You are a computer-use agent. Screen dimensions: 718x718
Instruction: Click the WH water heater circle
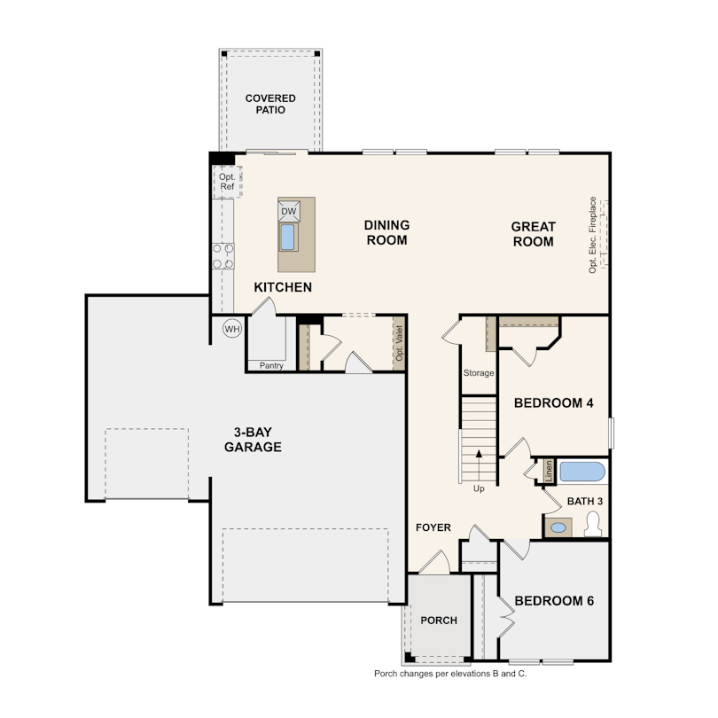tap(232, 329)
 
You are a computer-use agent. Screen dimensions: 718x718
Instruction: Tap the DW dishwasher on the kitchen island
tap(289, 211)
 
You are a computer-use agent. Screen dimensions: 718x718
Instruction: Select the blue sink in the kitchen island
tap(287, 237)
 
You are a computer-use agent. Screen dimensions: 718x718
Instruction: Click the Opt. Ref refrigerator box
tap(227, 182)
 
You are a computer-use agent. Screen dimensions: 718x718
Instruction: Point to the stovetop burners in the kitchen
tap(223, 256)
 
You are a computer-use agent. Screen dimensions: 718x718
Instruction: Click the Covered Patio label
tap(270, 104)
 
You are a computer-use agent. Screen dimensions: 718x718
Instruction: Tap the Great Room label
tap(533, 234)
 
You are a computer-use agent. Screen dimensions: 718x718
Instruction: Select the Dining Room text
tap(387, 232)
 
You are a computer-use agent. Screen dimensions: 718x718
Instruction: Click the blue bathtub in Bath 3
tap(582, 472)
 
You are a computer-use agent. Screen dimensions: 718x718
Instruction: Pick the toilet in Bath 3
tap(593, 524)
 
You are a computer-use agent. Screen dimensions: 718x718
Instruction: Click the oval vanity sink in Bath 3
tap(558, 527)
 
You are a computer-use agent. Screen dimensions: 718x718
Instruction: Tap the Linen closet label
tap(549, 472)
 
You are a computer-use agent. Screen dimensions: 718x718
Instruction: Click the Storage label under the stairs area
tap(479, 372)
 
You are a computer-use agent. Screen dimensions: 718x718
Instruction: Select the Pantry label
tap(271, 365)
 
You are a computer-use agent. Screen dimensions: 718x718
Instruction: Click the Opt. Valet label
tap(399, 343)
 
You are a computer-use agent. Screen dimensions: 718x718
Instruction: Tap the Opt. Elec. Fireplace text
tap(592, 235)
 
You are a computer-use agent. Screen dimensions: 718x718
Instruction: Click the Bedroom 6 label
tap(554, 601)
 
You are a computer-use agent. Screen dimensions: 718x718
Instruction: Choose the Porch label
tap(439, 620)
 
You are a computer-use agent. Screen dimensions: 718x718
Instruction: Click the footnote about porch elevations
tap(450, 674)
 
